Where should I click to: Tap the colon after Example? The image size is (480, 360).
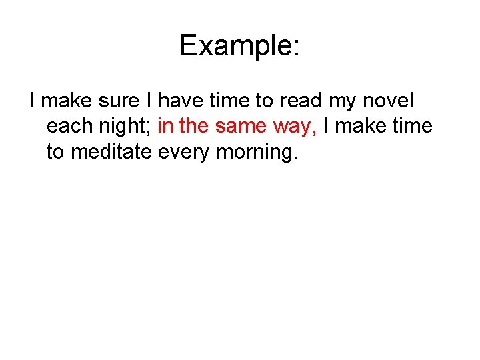295,47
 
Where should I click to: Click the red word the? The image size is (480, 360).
193,126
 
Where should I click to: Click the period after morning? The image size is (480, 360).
293,158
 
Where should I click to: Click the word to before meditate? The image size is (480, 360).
55,151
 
